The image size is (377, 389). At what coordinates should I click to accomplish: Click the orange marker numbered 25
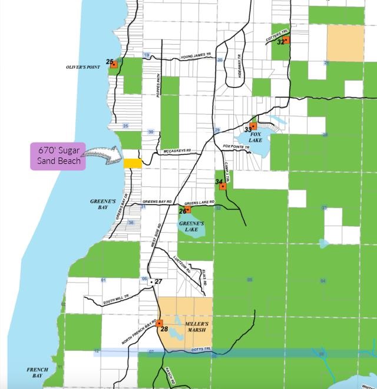114,65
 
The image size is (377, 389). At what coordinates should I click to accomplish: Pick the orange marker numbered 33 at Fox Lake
253,126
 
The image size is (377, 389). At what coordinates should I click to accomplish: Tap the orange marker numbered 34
223,186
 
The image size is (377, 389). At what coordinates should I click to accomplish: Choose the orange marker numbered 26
188,210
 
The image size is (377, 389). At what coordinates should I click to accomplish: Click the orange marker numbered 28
159,323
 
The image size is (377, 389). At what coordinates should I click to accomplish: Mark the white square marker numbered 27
151,282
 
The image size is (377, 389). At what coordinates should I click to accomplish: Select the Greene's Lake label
191,226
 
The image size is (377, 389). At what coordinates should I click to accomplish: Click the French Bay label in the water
37,372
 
